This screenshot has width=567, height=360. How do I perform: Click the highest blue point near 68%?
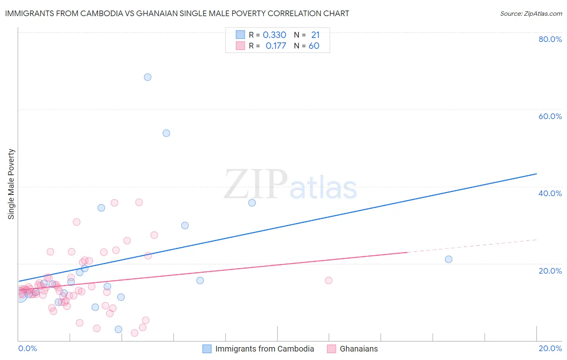tap(148, 77)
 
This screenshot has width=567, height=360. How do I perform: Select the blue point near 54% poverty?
tap(166, 133)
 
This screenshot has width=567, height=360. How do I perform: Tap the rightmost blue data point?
tap(448, 259)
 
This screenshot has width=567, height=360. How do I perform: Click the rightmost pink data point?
tap(329, 280)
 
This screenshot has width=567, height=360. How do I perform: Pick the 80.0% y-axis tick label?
tap(550, 39)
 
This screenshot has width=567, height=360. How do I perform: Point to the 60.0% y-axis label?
tap(550, 116)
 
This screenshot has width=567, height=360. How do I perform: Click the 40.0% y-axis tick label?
tap(550, 193)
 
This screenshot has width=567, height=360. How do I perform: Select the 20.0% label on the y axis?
tap(550, 271)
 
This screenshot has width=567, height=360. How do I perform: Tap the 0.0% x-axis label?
tap(27, 348)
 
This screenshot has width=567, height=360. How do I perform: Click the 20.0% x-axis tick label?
tap(550, 348)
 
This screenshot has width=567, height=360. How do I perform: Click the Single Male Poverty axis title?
tap(11, 184)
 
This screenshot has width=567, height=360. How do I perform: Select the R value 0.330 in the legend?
tap(274, 35)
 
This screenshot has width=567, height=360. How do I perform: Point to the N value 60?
tap(314, 46)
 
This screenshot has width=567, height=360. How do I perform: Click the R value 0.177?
tap(276, 46)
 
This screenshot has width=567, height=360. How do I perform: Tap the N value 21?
tap(315, 35)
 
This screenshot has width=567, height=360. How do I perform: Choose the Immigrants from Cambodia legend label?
tap(265, 349)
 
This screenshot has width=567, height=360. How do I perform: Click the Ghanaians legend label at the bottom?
tap(359, 349)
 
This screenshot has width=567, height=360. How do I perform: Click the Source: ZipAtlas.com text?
tap(531, 14)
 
